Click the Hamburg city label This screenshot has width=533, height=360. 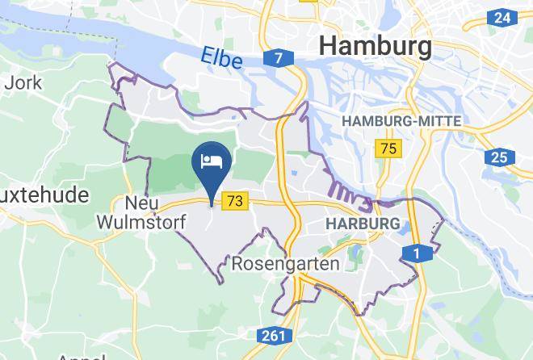[376, 45]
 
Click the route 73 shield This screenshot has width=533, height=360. [237, 201]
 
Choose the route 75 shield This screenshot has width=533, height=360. [388, 148]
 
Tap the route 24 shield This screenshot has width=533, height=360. [502, 18]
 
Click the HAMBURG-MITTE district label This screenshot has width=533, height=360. [402, 121]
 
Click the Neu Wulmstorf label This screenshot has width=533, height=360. [141, 211]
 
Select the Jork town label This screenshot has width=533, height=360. [19, 82]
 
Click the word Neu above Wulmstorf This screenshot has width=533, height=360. [141, 203]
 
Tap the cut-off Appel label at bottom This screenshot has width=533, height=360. [80, 355]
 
